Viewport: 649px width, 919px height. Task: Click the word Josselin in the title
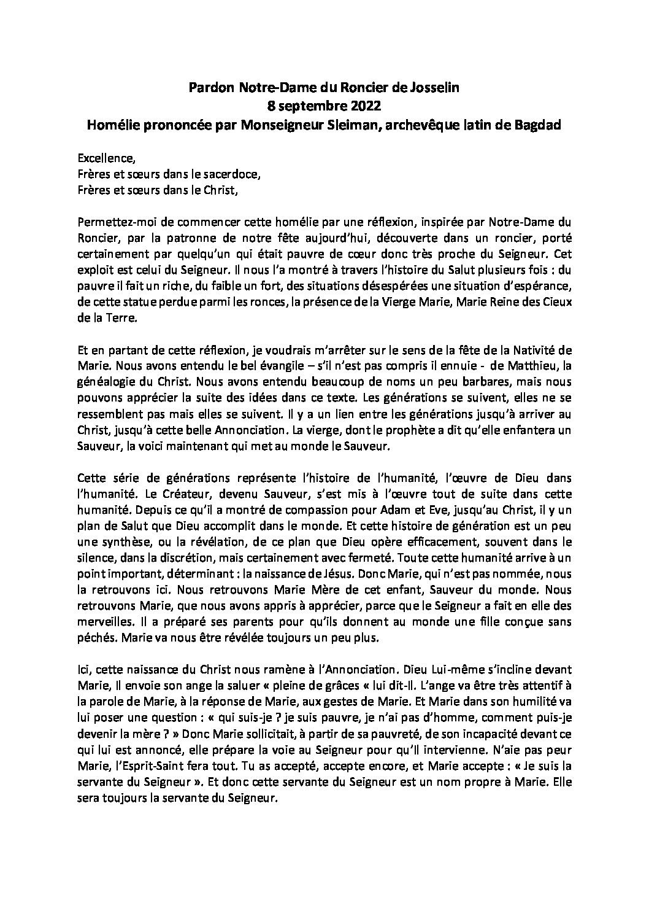click(x=435, y=88)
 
